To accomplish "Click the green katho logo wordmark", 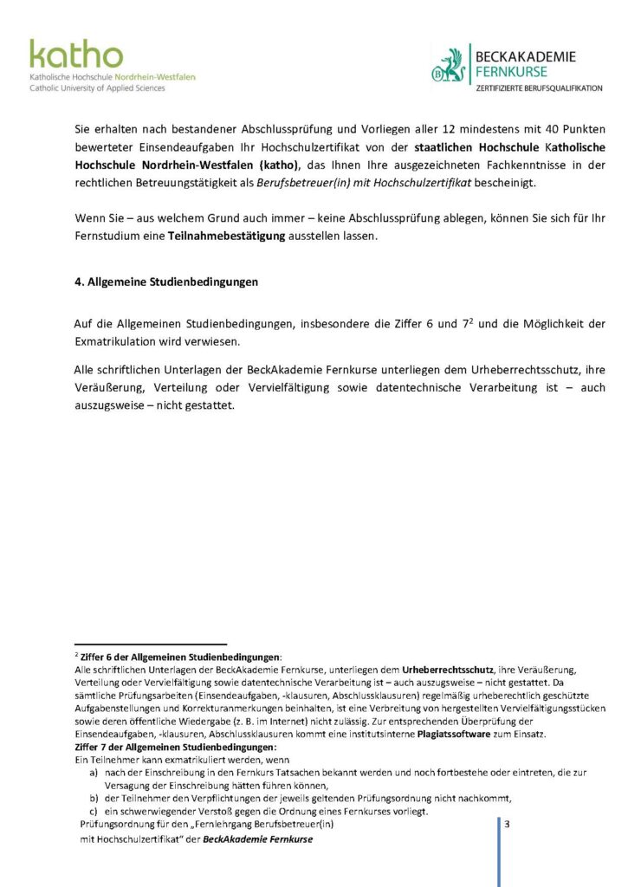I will (76, 54).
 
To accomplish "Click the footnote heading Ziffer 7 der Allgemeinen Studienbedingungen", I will (176, 746).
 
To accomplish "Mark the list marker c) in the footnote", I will (94, 811).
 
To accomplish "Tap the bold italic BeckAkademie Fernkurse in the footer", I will (257, 838).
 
